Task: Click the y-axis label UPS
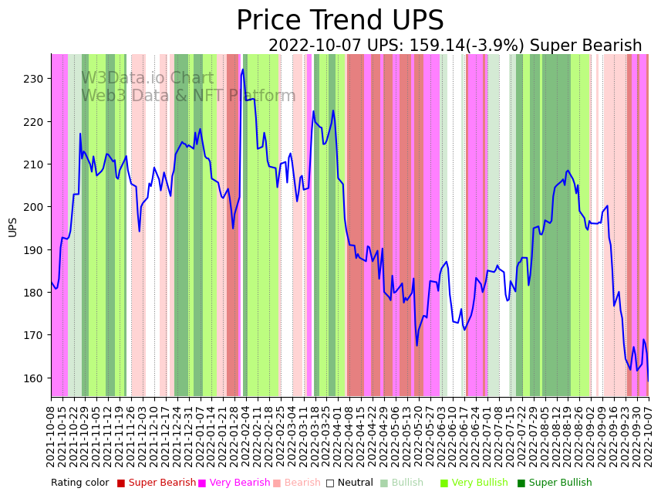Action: (12, 226)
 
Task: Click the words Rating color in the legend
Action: (80, 483)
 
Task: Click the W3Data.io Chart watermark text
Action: (147, 78)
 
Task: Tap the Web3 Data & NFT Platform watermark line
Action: (188, 96)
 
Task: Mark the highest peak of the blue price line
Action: (242, 70)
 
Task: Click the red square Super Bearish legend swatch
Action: (121, 483)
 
